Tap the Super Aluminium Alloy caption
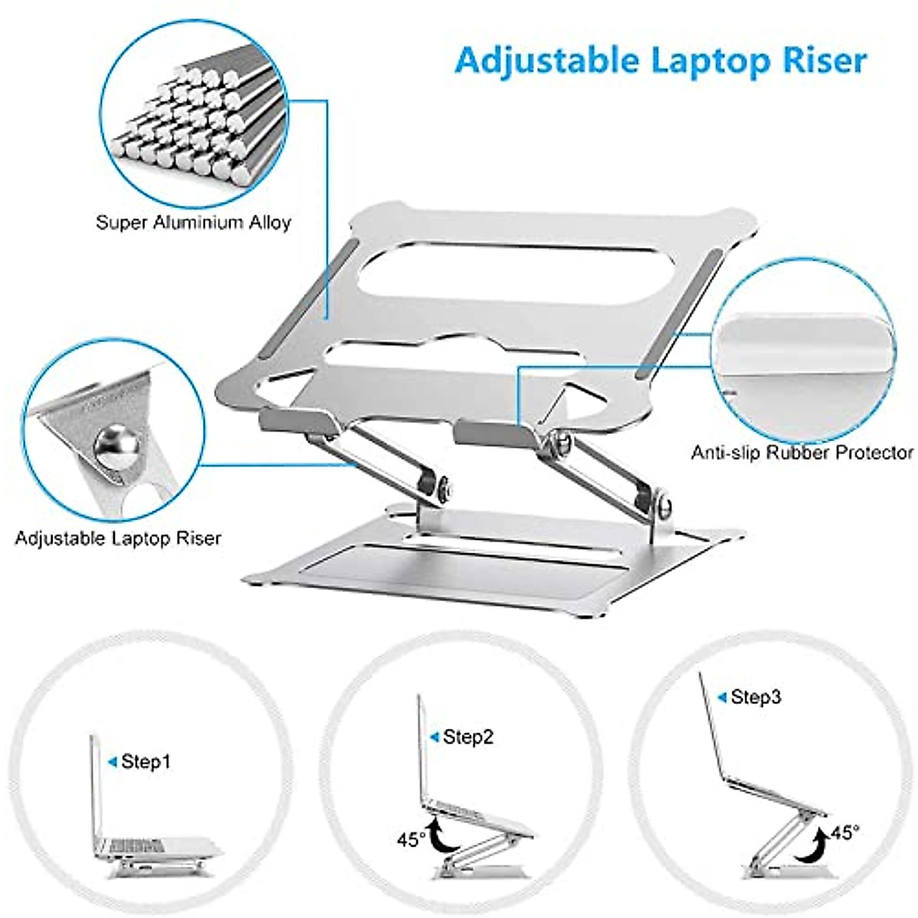(194, 223)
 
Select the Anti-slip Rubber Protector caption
(802, 452)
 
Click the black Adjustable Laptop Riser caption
(118, 538)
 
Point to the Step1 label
(146, 761)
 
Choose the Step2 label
(468, 737)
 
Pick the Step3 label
(756, 697)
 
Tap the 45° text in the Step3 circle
(844, 832)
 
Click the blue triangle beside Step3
(721, 697)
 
